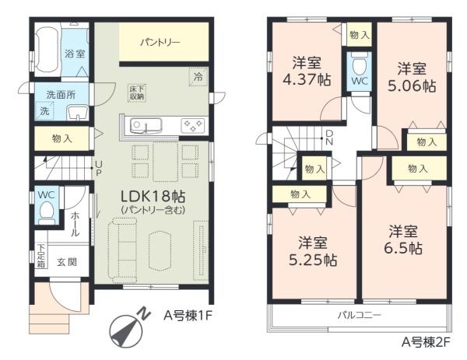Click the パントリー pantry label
(x=160, y=42)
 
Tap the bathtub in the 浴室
(x=47, y=51)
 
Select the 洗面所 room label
(x=61, y=95)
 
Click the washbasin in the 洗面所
(x=78, y=113)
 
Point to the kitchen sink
(x=146, y=126)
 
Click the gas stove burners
(x=193, y=125)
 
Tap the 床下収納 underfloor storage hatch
(x=137, y=93)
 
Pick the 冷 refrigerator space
(x=198, y=77)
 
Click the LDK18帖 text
(x=153, y=197)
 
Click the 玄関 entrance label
(x=67, y=262)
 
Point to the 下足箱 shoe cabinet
(x=41, y=256)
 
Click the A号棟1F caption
(x=188, y=316)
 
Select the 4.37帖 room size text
(x=307, y=80)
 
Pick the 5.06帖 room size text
(x=412, y=86)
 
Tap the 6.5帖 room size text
(x=403, y=249)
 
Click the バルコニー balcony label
(x=360, y=315)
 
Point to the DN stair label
(x=329, y=137)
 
